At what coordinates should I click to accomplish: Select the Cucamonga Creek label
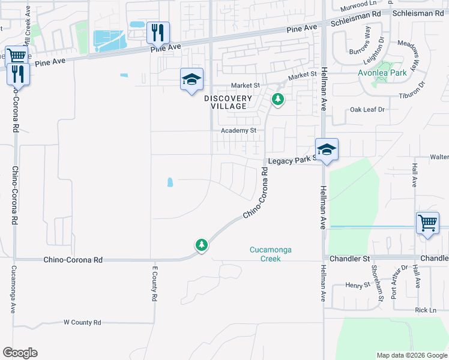pos(271,254)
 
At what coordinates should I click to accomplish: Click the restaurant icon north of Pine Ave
pos(158,32)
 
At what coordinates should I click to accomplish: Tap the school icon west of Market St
pos(191,79)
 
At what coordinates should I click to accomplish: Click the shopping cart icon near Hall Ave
pos(428,223)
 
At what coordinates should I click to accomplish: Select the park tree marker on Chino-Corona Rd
pos(202,245)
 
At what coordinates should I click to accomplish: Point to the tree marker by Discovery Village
pos(277,99)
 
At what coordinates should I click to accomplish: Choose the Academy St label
pos(238,130)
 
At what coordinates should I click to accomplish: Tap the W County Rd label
pos(82,322)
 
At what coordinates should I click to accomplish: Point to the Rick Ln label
pos(426,310)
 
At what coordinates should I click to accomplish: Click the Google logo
pos(20,353)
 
